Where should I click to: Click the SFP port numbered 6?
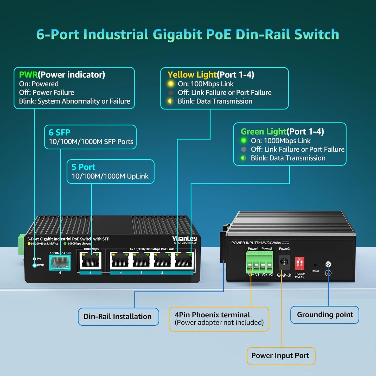60,262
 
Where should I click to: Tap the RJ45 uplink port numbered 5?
91,260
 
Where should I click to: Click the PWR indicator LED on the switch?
35,265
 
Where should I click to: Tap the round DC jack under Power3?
284,262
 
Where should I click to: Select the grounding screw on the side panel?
328,265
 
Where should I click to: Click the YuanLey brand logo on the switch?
184,239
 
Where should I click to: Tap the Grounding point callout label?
325,315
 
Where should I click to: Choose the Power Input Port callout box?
281,356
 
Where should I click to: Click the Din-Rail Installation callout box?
118,317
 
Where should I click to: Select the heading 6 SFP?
60,132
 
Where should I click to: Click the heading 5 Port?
83,167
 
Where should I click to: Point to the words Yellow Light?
192,75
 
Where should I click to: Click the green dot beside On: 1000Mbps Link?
244,141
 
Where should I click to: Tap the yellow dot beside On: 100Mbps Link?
171,84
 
